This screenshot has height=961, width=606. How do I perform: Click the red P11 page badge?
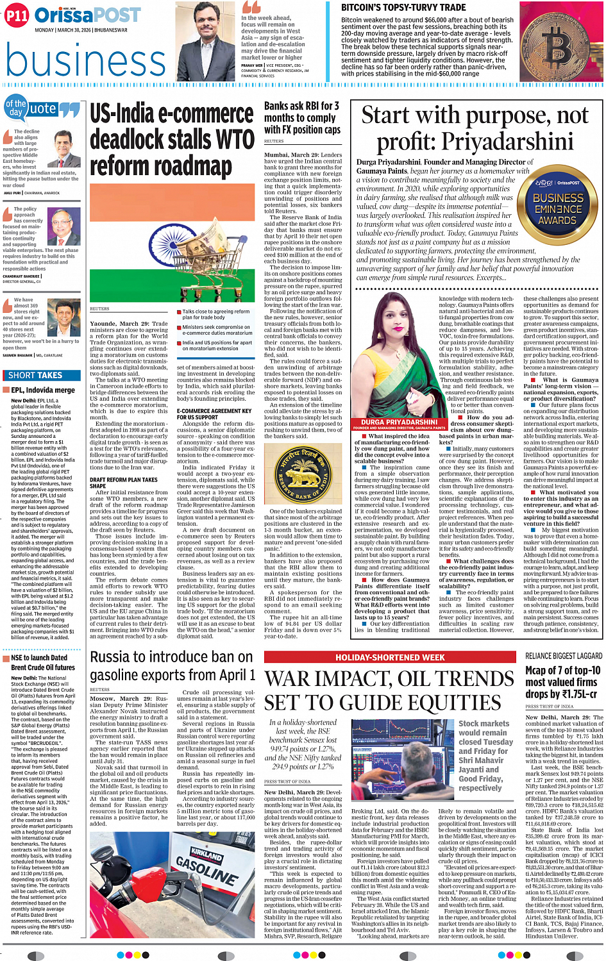[17, 17]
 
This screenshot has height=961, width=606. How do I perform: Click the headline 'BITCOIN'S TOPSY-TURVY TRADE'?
[403, 8]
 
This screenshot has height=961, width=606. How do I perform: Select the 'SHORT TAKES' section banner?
[35, 375]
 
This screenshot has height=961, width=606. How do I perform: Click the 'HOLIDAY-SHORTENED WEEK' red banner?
[390, 657]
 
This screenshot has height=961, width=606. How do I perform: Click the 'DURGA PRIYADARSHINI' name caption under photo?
[399, 422]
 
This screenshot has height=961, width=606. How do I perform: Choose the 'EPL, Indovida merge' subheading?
[42, 390]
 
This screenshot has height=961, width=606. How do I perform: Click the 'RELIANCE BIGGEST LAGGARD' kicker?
[563, 656]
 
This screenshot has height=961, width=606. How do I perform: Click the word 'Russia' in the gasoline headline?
[117, 657]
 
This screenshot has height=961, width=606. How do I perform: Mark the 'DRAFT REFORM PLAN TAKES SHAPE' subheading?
[123, 482]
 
